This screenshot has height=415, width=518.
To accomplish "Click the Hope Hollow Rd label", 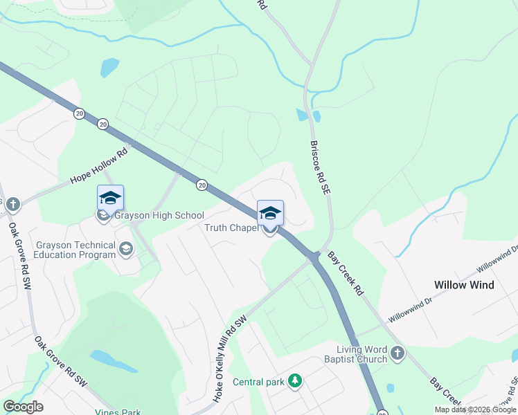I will pos(100,167).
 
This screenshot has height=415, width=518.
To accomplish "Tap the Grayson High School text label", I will pos(159,216).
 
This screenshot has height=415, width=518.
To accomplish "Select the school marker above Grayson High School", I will pos(110,199).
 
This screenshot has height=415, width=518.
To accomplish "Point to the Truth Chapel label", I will pos(231,228).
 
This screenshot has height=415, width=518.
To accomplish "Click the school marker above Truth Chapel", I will pos(270,213).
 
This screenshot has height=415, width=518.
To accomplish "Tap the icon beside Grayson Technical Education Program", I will pos(126,249).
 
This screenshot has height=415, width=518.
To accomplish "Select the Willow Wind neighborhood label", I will pos(464,285).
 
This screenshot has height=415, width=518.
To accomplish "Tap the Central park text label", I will pos(258,382).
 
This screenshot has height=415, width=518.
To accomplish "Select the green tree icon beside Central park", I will pos(296,381).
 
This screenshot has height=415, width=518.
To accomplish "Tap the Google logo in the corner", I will pos(24,407).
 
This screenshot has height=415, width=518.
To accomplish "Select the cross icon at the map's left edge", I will pos(12,204).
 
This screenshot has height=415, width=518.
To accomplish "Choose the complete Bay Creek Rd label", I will pos(344,274).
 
